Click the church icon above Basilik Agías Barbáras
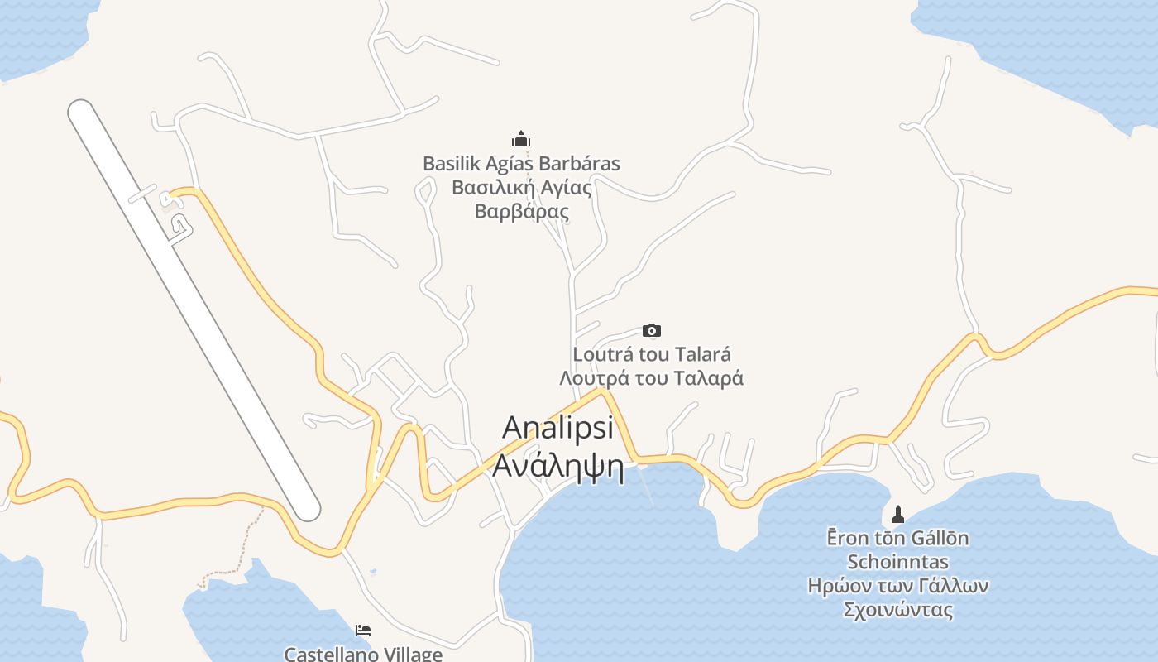point(521,139)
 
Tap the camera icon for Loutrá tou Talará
point(652,331)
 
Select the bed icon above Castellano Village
point(363,631)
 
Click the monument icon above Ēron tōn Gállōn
point(898,515)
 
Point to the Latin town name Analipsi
point(558,428)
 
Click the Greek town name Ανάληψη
point(558,467)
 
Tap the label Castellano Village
point(363,654)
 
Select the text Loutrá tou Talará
point(652,355)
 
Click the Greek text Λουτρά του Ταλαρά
point(652,378)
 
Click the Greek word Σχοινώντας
point(898,611)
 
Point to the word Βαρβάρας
point(522,211)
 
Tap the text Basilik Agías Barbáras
point(521,164)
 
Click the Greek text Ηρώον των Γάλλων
point(898,587)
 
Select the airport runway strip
point(194,310)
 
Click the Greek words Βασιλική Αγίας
point(522,187)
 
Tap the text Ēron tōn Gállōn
point(898,539)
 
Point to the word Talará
point(702,355)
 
